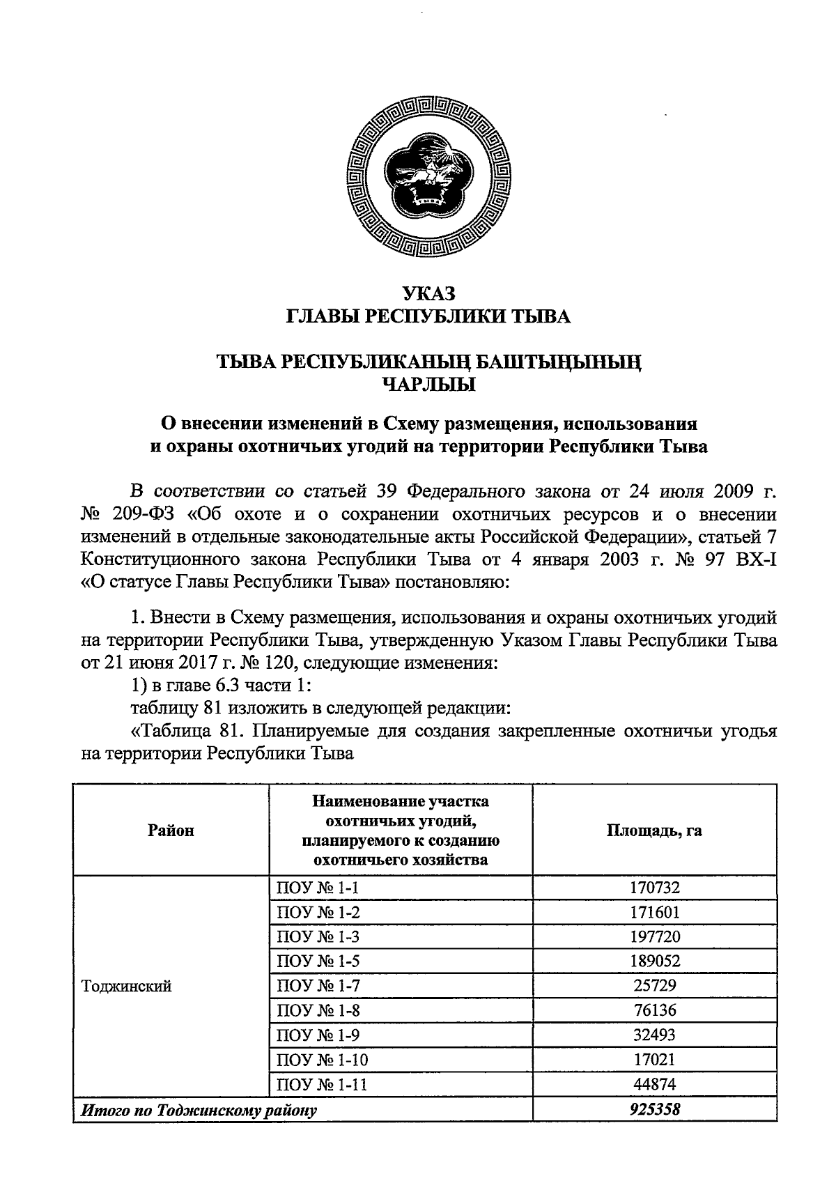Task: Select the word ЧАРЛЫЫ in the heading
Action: click(x=428, y=384)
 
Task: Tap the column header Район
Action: click(x=171, y=830)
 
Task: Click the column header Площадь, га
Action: click(x=654, y=830)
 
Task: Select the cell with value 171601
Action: click(x=654, y=912)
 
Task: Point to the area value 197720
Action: click(x=654, y=936)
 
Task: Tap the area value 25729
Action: click(x=654, y=986)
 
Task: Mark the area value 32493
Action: click(x=654, y=1035)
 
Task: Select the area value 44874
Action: click(x=654, y=1084)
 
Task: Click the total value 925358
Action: click(x=654, y=1109)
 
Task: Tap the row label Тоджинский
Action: click(x=126, y=986)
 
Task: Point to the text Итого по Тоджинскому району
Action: click(x=199, y=1110)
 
